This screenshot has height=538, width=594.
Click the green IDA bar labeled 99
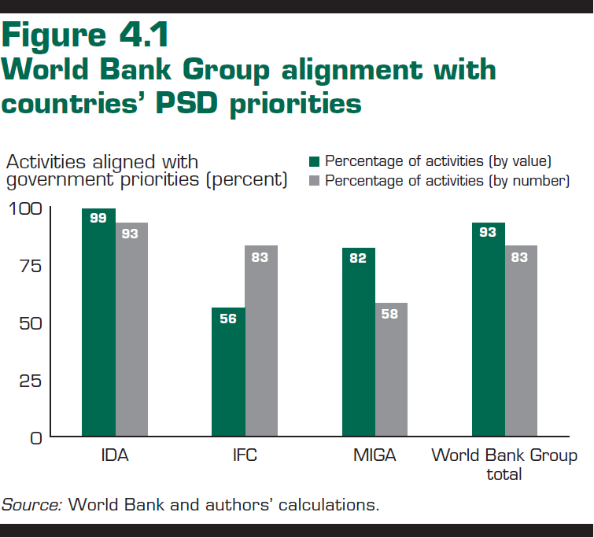(x=98, y=322)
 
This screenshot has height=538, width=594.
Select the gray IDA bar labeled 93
(x=131, y=330)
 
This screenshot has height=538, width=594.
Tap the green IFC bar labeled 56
(x=228, y=372)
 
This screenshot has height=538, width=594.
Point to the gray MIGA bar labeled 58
(x=391, y=370)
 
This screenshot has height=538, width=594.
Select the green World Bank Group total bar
(x=488, y=330)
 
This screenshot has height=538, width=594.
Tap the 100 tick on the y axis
(x=27, y=208)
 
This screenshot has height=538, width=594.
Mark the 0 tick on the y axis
(x=36, y=437)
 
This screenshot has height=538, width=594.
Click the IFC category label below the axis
(x=245, y=456)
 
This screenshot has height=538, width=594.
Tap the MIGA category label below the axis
(x=374, y=456)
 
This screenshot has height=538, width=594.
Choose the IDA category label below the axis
(x=115, y=456)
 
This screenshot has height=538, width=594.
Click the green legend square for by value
(x=314, y=161)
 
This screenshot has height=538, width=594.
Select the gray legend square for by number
(x=314, y=181)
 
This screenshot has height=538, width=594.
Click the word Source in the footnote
(x=31, y=505)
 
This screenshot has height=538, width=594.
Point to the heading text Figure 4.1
(x=86, y=36)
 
